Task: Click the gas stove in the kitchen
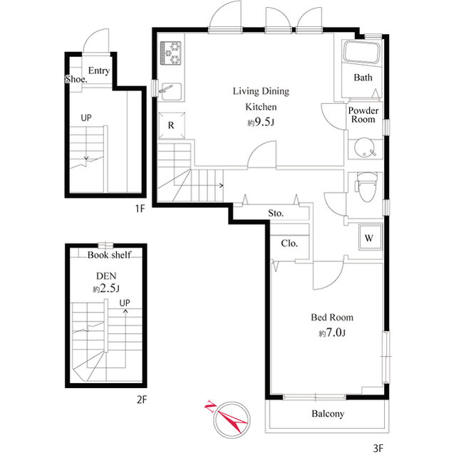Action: point(171,53)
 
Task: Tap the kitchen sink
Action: point(171,91)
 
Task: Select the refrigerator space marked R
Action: point(172,125)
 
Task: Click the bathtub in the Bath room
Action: point(362,53)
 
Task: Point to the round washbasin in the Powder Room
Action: point(363,149)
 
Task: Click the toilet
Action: point(367,187)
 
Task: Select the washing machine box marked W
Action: point(369,238)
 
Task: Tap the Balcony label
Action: point(328,414)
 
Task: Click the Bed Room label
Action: point(332,318)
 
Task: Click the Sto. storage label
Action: point(276,214)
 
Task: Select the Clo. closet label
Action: point(289,244)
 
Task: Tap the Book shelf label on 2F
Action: point(109,255)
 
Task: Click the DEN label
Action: point(106,276)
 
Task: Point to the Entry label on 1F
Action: point(99,70)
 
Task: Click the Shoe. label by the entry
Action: point(76,79)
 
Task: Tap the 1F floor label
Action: point(140,209)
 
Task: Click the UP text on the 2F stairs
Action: point(125,303)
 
